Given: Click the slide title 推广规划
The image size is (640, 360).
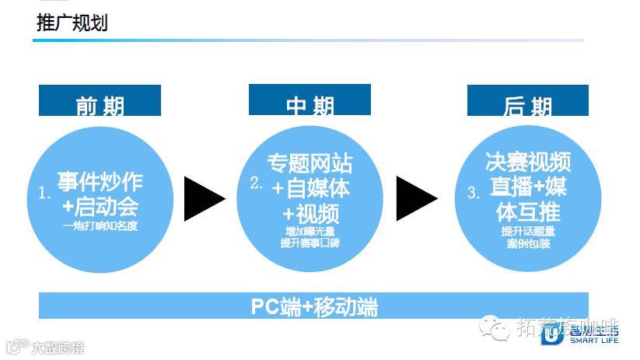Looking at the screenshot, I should tap(72, 23).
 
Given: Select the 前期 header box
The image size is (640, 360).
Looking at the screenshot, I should tap(100, 102).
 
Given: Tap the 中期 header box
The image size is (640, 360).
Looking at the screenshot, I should tap(310, 101).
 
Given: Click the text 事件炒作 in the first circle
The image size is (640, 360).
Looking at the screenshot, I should tap(100, 182).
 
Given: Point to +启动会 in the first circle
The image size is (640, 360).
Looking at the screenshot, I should tap(100, 206).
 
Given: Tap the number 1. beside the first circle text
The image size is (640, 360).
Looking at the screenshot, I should tap(44, 194).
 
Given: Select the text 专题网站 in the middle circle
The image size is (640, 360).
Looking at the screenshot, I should tap(310, 163).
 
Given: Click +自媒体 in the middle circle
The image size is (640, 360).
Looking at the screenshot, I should tap(311, 187).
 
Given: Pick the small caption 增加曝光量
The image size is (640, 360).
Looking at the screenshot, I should tap(310, 231).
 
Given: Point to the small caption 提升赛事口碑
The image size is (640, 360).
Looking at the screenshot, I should tap(310, 243).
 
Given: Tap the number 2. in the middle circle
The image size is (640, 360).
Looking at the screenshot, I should tap(257, 183).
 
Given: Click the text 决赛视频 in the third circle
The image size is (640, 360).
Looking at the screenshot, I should tap(528, 162).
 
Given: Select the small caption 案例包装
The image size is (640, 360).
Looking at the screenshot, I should tap(528, 244).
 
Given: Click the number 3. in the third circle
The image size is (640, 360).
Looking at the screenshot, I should tap(474, 194).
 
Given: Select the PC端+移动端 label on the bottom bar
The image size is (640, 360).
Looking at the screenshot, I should tap(313, 306).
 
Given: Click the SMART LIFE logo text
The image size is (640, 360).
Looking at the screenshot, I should tap(594, 340).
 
